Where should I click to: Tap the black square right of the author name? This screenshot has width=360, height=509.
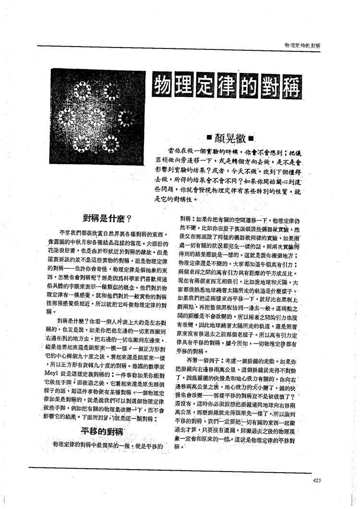point(250,140)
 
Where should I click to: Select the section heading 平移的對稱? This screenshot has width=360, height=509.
point(101,431)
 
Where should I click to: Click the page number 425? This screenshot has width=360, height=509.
point(316,480)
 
